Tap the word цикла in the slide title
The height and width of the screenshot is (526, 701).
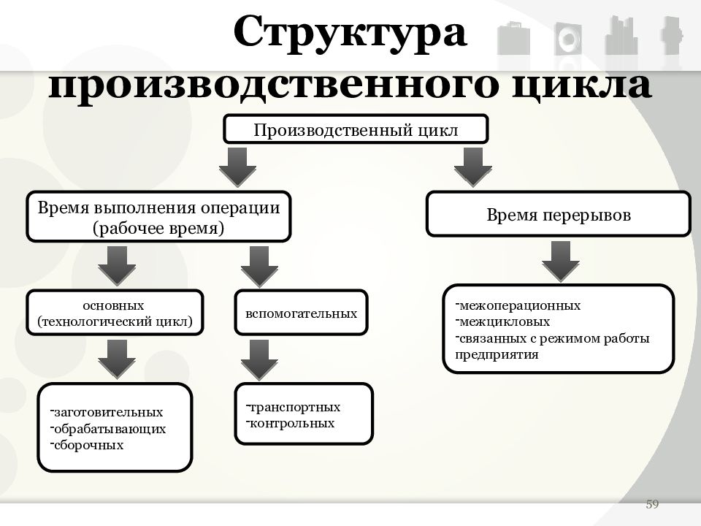(x=581, y=85)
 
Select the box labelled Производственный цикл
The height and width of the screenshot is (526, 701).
(x=356, y=129)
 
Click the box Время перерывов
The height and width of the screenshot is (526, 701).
(x=559, y=214)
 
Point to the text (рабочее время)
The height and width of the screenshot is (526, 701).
(x=158, y=228)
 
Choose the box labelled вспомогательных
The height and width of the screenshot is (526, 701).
(x=302, y=313)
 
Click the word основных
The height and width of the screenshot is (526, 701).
(x=114, y=305)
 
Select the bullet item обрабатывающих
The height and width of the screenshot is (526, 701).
(x=108, y=429)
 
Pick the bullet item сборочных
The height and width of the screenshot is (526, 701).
(x=87, y=445)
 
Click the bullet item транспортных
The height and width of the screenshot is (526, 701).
(x=293, y=407)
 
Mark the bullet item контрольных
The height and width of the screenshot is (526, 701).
(x=290, y=423)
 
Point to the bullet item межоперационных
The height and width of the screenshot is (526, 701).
(x=518, y=305)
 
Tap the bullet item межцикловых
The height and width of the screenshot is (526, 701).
(x=502, y=321)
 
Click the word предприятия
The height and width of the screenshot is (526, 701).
(x=497, y=355)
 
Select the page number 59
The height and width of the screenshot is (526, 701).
(x=652, y=504)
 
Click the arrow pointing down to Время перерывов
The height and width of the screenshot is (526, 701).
(x=473, y=167)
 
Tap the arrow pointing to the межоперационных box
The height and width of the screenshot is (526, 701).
(x=561, y=261)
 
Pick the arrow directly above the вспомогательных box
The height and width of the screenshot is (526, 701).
(x=259, y=267)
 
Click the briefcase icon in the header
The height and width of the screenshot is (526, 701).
(x=513, y=38)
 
